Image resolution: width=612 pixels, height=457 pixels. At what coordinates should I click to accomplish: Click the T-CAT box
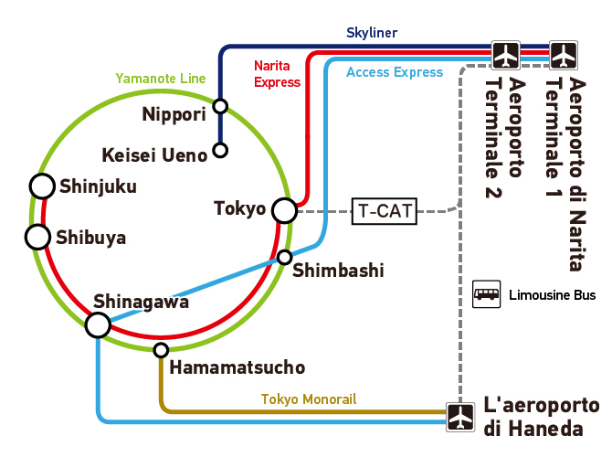point(385,211)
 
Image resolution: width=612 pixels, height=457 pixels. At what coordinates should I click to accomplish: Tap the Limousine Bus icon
point(486,294)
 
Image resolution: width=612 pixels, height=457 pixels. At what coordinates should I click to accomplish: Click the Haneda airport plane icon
point(460,417)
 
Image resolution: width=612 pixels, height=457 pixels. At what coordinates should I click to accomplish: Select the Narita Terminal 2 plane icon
point(505,55)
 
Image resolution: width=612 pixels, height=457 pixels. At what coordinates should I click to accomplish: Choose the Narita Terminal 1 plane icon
point(564,55)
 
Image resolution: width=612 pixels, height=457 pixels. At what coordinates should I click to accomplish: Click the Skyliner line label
point(372,33)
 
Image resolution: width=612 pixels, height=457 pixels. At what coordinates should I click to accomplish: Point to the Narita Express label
point(277,74)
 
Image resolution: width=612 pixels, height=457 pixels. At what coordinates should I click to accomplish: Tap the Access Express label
point(395,72)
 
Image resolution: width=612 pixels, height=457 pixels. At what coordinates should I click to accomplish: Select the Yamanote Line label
point(161,79)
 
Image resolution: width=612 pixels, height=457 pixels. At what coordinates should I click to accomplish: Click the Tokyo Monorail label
point(309,399)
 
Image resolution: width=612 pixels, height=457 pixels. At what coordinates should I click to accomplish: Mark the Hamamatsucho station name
point(237,367)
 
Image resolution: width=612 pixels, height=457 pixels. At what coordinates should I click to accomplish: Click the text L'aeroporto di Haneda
point(542,417)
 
